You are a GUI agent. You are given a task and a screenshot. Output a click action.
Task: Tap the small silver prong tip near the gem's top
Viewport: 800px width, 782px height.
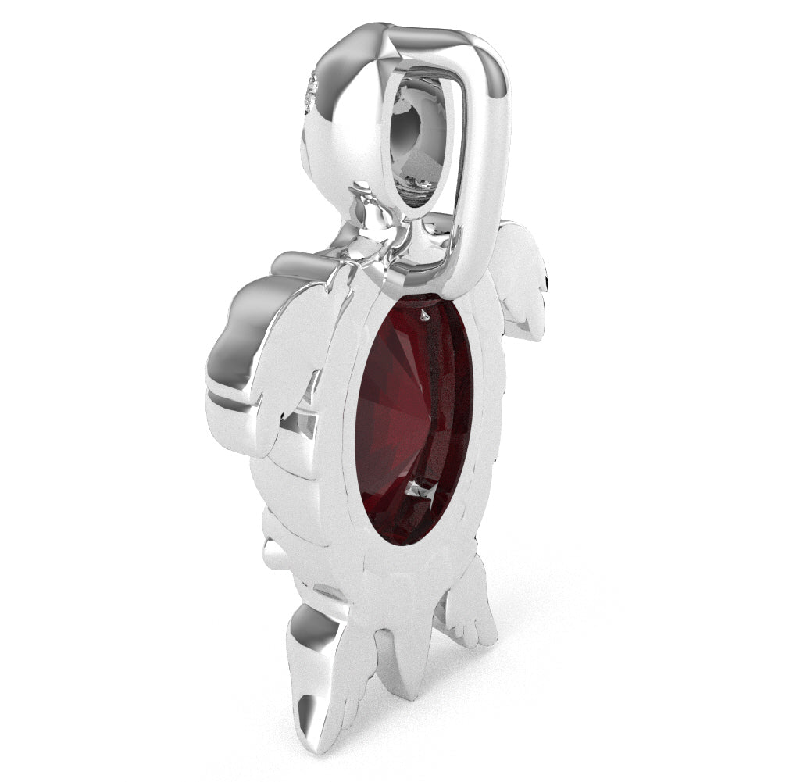point(424,315)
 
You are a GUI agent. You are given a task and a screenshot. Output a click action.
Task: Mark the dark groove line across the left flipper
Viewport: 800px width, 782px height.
point(234,395)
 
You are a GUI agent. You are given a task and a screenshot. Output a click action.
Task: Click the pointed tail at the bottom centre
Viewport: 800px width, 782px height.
point(406,664)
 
